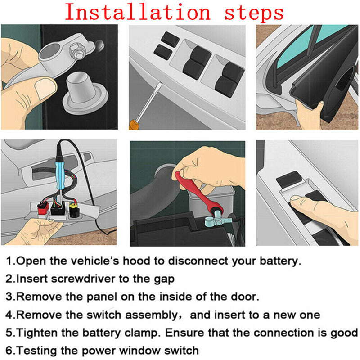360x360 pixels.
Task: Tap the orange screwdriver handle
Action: pos(133,125)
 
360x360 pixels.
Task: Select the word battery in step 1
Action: pos(278,261)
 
